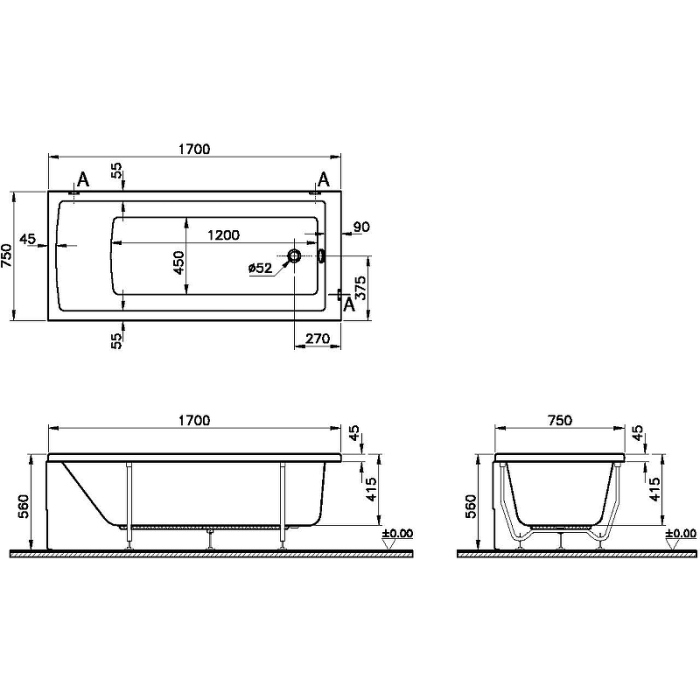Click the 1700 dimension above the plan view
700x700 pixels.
tap(194, 149)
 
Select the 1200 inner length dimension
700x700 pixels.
tap(223, 235)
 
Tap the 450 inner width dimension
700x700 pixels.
tap(179, 263)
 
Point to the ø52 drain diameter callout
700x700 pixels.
tap(260, 268)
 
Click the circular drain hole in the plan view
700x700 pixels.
tap(294, 256)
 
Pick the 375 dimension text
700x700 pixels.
tap(360, 288)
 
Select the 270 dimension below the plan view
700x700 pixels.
tap(317, 339)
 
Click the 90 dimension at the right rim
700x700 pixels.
tap(362, 227)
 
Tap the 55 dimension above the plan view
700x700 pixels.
tap(116, 171)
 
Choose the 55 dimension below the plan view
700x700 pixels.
tap(116, 342)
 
